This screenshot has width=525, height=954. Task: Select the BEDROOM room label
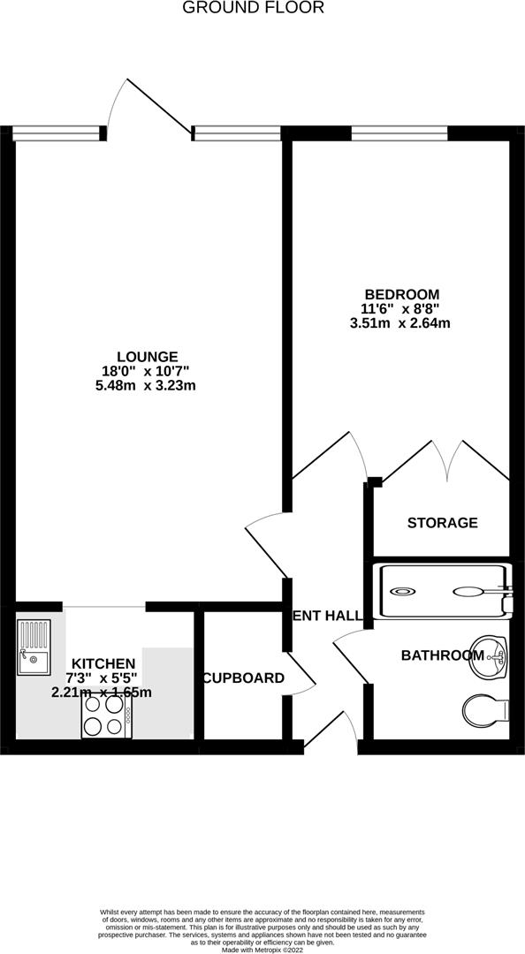click(x=401, y=294)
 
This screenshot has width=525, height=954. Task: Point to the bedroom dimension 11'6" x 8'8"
click(x=401, y=309)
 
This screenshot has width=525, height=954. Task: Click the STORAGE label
click(x=442, y=523)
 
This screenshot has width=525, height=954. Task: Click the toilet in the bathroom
click(x=485, y=709)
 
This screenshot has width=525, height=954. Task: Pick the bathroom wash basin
click(x=489, y=656)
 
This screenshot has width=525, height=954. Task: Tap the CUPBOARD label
click(x=243, y=678)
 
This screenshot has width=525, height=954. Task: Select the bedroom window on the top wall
click(x=399, y=133)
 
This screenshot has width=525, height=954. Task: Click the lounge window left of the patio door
click(x=58, y=133)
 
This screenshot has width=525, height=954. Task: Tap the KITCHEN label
click(x=103, y=663)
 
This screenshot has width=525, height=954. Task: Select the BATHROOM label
click(x=442, y=655)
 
